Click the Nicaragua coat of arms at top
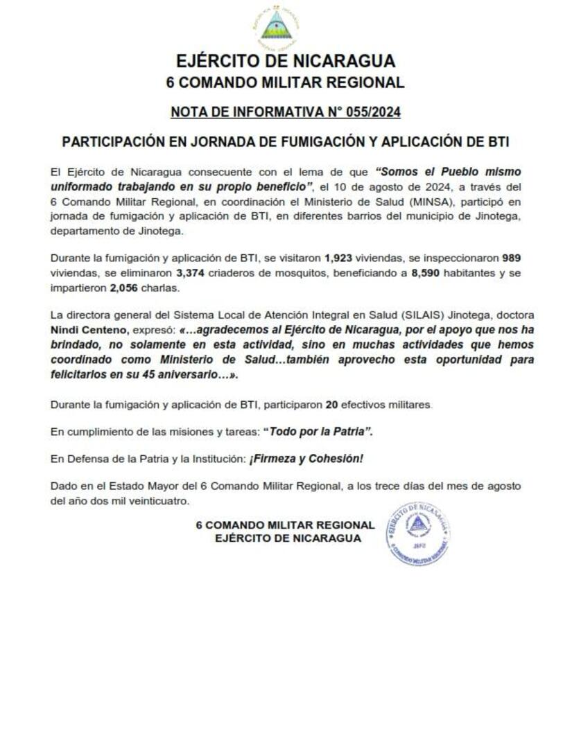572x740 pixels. coord(276,26)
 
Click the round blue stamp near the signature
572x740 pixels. coord(417,534)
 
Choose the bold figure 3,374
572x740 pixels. coord(191,272)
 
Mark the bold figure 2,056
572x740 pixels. coord(125,287)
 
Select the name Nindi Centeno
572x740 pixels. coord(87,331)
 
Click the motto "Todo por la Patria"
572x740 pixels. coord(321,431)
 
